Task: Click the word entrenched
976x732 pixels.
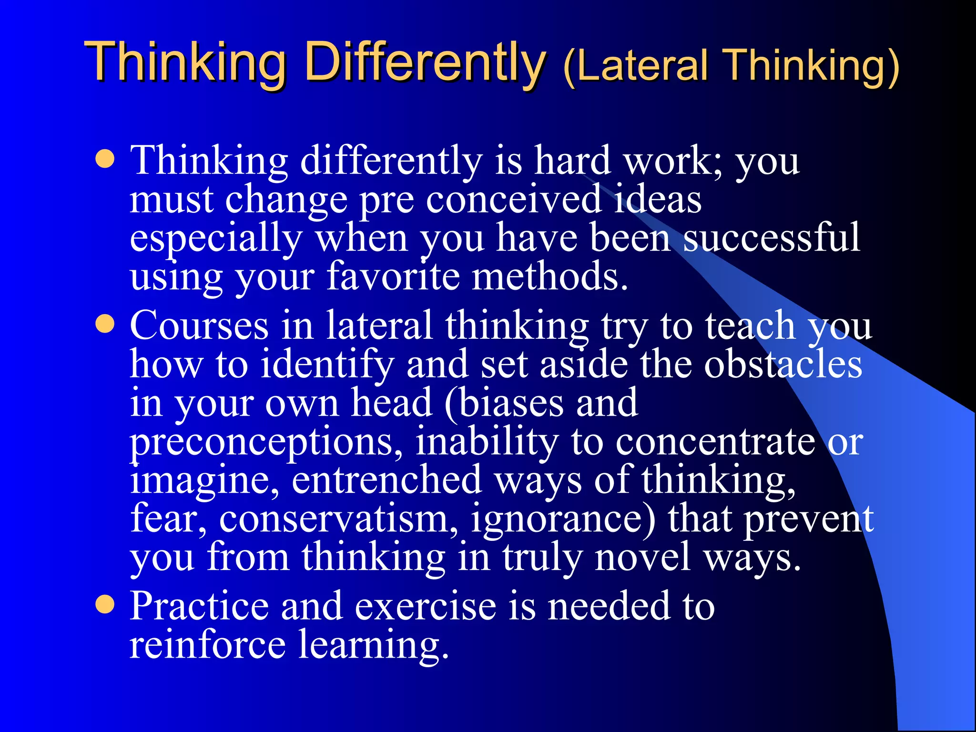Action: pyautogui.click(x=386, y=480)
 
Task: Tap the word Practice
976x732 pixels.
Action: pyautogui.click(x=199, y=606)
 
